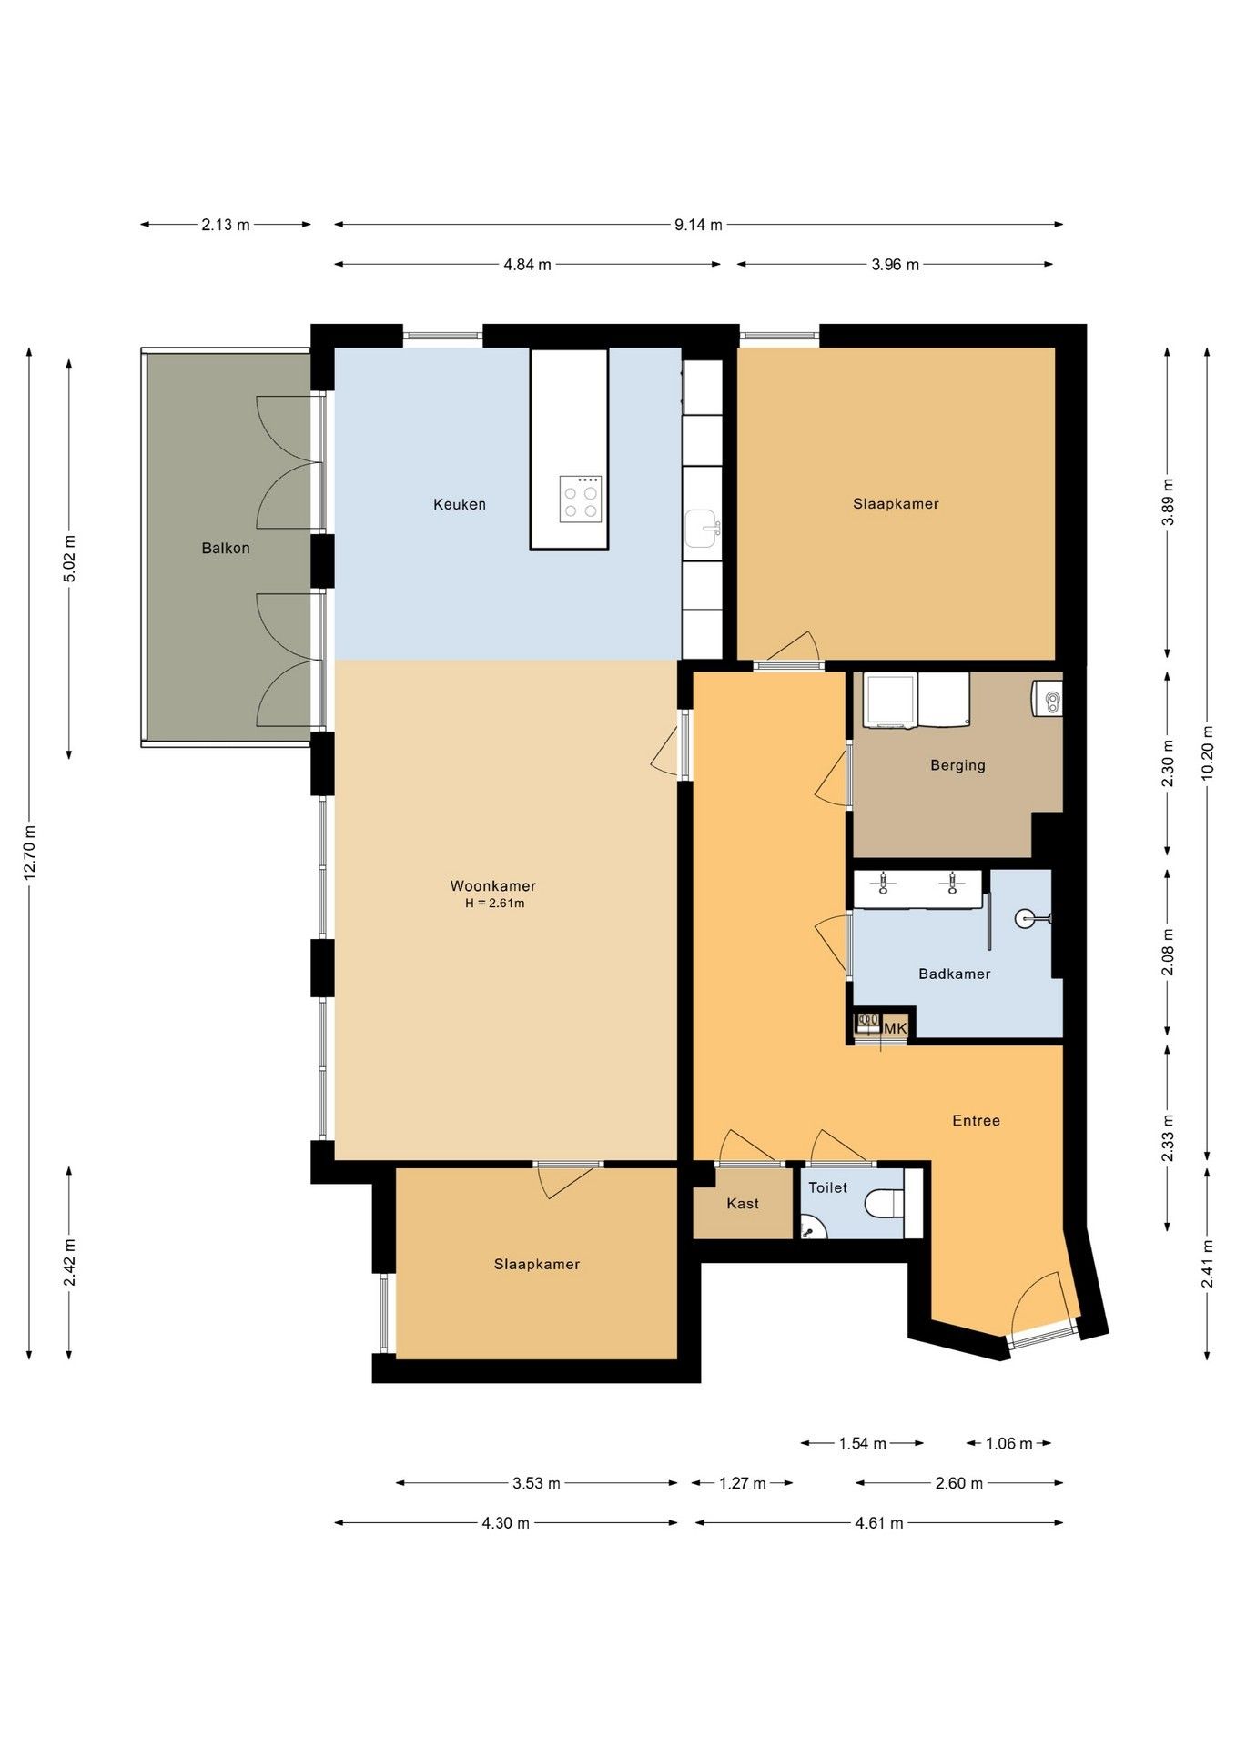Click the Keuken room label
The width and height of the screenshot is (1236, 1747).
point(459,504)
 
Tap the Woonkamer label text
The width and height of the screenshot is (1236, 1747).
point(493,885)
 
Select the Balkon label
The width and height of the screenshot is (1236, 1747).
point(226,549)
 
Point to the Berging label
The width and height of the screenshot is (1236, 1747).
point(957,765)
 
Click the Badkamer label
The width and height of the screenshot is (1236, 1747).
point(954,974)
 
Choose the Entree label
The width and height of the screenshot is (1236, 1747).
point(976,1121)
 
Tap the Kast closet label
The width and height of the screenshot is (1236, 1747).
point(743,1204)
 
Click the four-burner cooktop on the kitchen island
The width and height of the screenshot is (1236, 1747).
point(581,499)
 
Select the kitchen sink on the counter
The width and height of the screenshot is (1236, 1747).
point(702,529)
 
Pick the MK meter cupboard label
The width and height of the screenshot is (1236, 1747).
point(896,1028)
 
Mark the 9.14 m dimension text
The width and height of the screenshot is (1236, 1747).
point(698,225)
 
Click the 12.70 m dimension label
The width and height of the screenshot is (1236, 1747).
point(30,853)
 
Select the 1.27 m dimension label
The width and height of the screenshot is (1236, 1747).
point(743,1483)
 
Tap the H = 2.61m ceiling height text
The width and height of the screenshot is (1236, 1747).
point(495,904)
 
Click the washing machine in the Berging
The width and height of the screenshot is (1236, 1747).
point(890,701)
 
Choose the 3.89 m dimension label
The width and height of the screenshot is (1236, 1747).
point(1168,501)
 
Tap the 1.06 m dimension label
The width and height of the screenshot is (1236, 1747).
point(1009,1443)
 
